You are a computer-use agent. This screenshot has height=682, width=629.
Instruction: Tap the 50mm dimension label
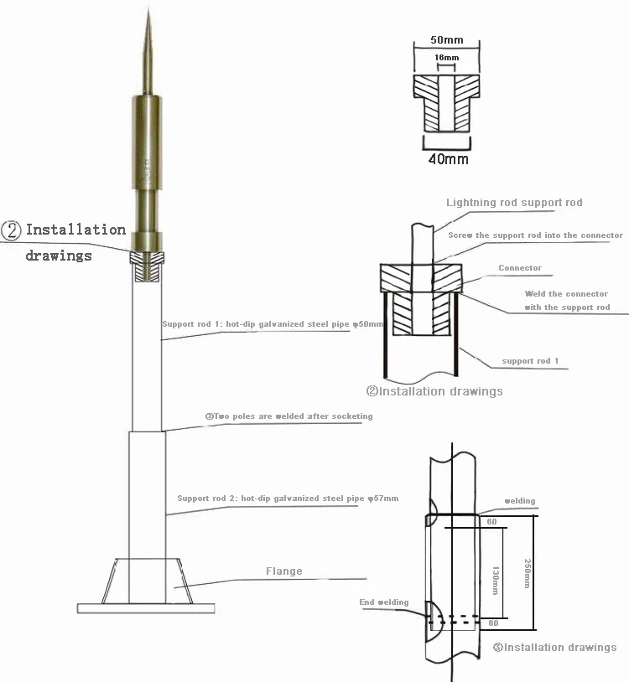point(447,39)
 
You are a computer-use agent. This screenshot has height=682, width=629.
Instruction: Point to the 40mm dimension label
point(448,158)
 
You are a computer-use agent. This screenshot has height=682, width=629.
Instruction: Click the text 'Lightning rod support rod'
point(514,203)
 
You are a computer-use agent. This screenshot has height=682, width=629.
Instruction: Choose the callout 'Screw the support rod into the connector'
point(535,235)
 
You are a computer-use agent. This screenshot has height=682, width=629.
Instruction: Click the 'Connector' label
point(520,268)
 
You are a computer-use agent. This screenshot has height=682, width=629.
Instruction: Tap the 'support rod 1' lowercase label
point(530,361)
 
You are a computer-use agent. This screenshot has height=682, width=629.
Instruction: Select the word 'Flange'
point(283,571)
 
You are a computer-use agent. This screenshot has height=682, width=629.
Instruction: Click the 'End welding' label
point(384,602)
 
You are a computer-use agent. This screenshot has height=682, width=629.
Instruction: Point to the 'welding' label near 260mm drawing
point(519,501)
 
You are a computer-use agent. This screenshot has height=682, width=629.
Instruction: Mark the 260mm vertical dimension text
point(526,573)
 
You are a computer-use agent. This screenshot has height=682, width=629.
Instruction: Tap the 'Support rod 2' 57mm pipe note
point(288,499)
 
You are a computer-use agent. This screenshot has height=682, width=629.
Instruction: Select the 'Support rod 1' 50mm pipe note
point(273,323)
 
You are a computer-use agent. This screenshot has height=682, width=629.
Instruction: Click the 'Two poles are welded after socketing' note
point(289,416)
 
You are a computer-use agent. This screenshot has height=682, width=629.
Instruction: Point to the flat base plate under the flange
point(147,607)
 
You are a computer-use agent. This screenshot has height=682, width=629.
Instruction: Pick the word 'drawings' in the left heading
point(58,255)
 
